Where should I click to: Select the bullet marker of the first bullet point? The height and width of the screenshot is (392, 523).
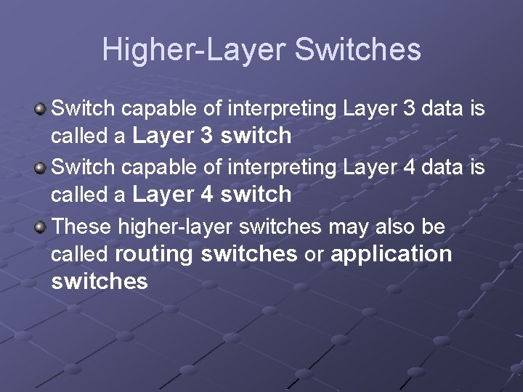point(41,109)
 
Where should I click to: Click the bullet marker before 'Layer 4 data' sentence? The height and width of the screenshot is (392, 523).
point(41,168)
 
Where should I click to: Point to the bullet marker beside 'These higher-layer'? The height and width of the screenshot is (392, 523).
point(41,227)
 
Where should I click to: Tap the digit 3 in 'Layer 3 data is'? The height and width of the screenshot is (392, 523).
point(408,109)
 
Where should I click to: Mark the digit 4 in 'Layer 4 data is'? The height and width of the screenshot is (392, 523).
point(408,168)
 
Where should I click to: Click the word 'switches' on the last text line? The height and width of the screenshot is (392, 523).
point(100,281)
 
